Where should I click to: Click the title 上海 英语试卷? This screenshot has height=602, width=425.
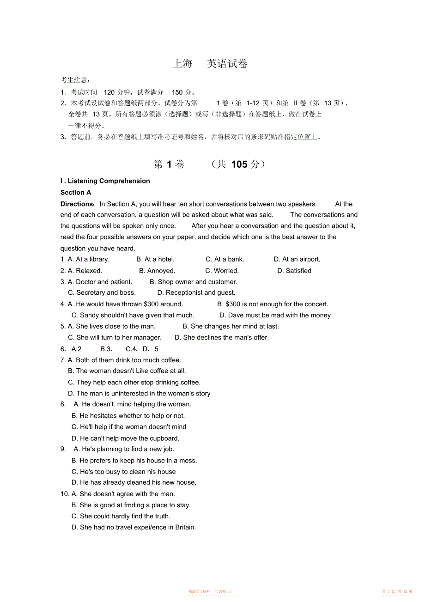[210, 64]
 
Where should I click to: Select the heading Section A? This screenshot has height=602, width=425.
[76, 192]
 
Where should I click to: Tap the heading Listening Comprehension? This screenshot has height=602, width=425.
[109, 181]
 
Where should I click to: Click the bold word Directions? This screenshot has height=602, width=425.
[77, 204]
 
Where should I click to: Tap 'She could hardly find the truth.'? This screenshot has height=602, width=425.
[125, 516]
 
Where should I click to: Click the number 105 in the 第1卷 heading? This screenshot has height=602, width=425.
[239, 164]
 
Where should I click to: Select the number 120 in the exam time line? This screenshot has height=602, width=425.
[109, 92]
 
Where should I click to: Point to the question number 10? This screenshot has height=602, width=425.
[65, 494]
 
